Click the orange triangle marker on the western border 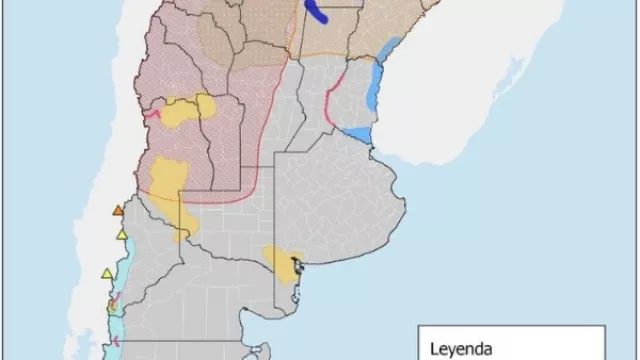(119, 211)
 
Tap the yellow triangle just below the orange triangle (122, 235)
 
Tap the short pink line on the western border (152, 115)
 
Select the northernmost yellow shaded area (190, 109)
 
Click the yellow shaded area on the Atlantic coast (280, 262)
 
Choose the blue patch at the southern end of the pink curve (358, 134)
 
